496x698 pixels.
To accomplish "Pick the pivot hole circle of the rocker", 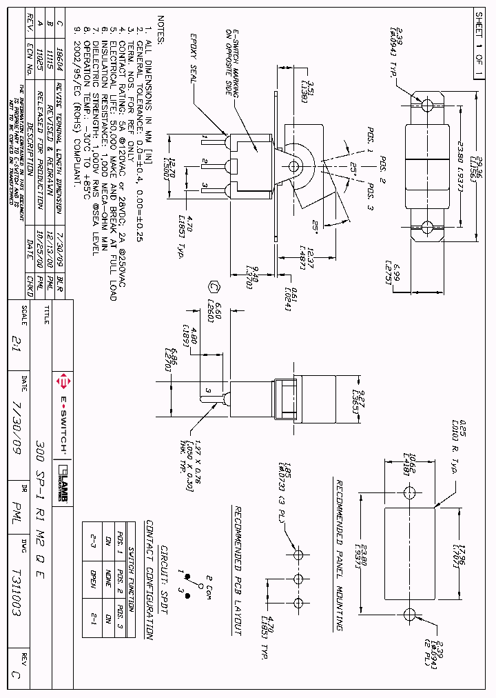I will click(296, 166).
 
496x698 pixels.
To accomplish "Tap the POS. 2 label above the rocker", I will click(380, 166).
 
